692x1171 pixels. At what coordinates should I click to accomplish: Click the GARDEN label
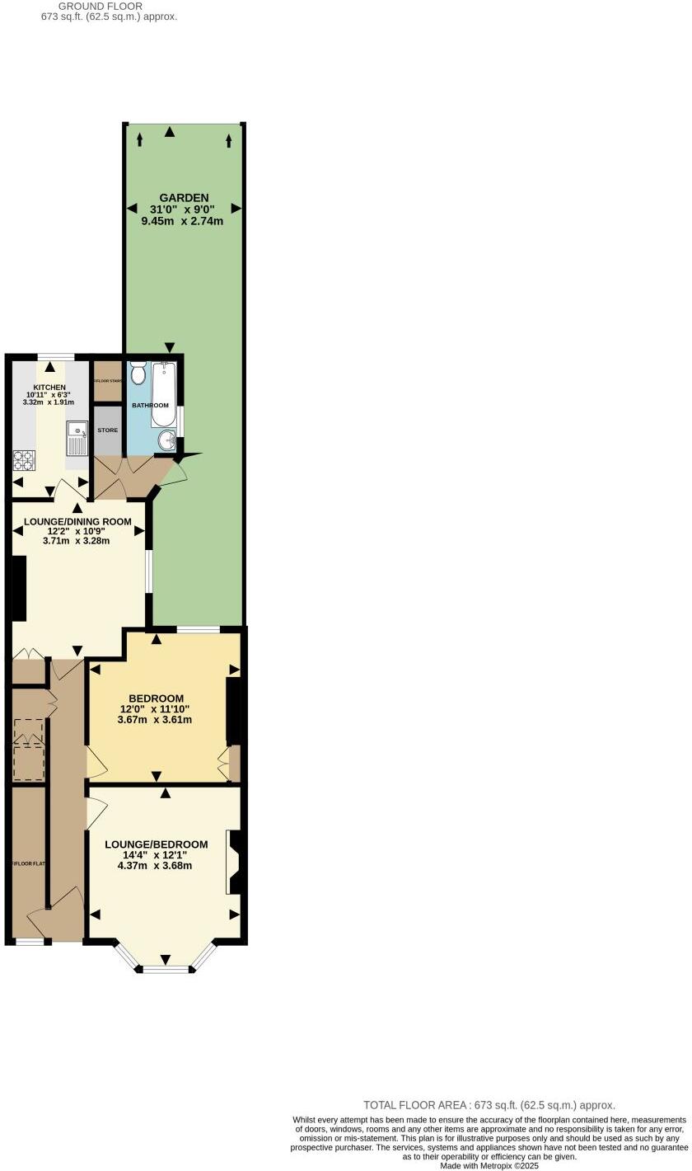pyautogui.click(x=184, y=198)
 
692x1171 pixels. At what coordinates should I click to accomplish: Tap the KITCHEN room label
pyautogui.click(x=49, y=388)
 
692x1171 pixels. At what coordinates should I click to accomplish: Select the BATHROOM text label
pyautogui.click(x=152, y=406)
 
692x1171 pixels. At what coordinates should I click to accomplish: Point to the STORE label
pyautogui.click(x=107, y=430)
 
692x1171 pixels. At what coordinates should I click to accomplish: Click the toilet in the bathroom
pyautogui.click(x=138, y=374)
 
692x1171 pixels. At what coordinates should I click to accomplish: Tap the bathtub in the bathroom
pyautogui.click(x=165, y=393)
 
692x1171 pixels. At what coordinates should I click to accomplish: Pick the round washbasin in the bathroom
pyautogui.click(x=166, y=440)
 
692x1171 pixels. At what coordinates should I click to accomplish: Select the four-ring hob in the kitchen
pyautogui.click(x=23, y=460)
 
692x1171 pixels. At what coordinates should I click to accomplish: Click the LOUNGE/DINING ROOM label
pyautogui.click(x=77, y=522)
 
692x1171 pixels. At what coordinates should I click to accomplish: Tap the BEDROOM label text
pyautogui.click(x=156, y=698)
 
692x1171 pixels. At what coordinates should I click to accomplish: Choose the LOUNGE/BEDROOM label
pyautogui.click(x=156, y=844)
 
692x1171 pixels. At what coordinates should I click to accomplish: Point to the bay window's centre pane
pyautogui.click(x=166, y=968)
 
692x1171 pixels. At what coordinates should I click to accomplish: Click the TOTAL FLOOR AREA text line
pyautogui.click(x=489, y=1105)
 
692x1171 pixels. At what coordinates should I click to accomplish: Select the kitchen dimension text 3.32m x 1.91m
pyautogui.click(x=49, y=402)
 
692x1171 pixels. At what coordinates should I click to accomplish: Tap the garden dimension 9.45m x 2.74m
pyautogui.click(x=182, y=221)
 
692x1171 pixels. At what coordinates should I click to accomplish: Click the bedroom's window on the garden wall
pyautogui.click(x=198, y=630)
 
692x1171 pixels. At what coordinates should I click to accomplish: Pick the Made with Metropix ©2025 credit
pyautogui.click(x=489, y=1166)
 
